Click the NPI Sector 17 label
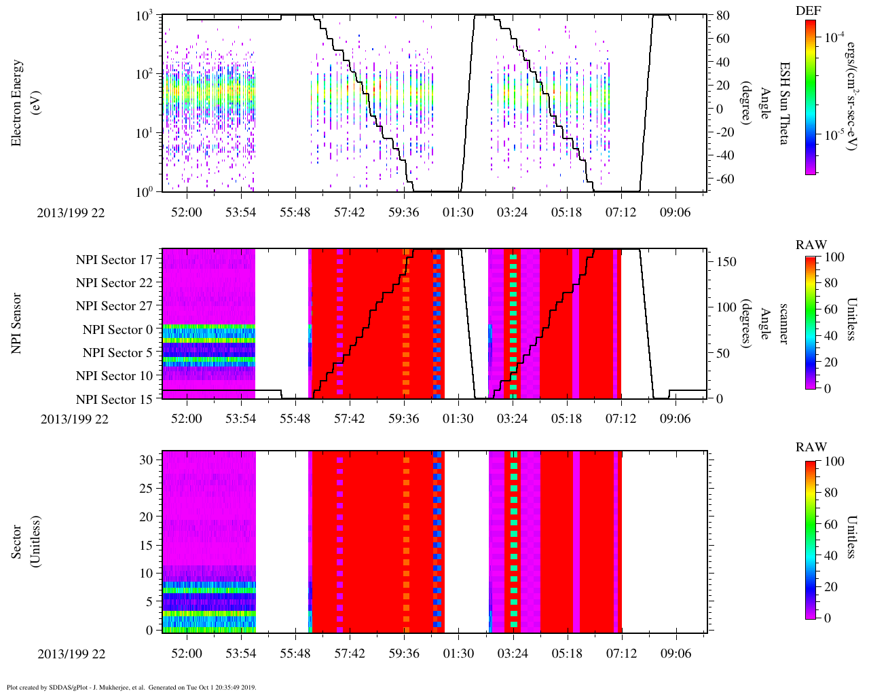click(x=114, y=259)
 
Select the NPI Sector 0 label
click(x=117, y=330)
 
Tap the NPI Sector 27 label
click(x=114, y=306)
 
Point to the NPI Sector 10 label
click(x=114, y=376)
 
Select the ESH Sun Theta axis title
click(x=783, y=103)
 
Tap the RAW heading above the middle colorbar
click(x=811, y=245)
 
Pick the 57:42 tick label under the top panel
click(x=349, y=212)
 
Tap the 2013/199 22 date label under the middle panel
click(x=75, y=419)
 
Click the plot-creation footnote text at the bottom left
click(x=131, y=687)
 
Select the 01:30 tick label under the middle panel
click(x=458, y=418)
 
